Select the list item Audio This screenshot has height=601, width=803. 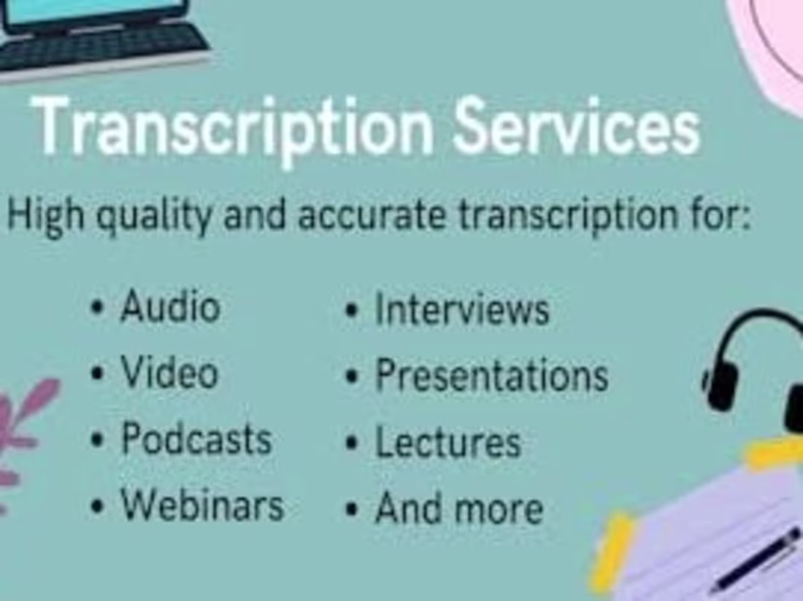(169, 306)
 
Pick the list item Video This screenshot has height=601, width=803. (169, 373)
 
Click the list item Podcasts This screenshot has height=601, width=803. (196, 439)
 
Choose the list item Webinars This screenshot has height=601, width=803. (201, 504)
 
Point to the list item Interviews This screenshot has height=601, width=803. (461, 309)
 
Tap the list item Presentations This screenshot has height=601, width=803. (491, 376)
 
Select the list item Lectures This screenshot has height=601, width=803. (447, 443)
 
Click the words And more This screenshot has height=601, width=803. (458, 508)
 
